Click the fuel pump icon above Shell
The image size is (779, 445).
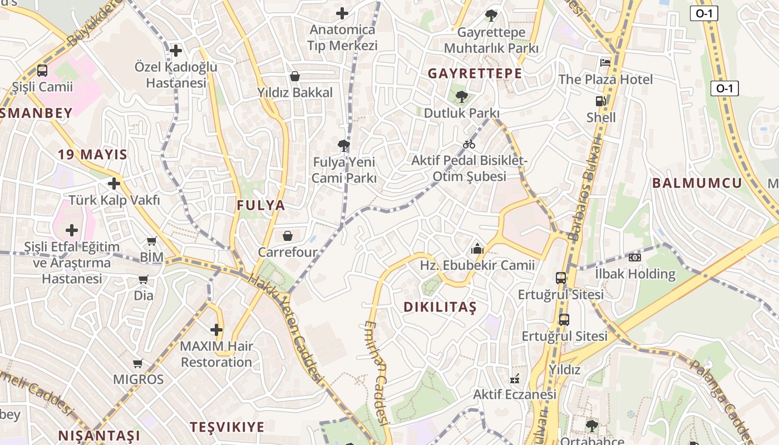pos(600,101)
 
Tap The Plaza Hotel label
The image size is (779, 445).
pos(605,80)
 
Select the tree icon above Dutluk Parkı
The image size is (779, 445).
pos(461,97)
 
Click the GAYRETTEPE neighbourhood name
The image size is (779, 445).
pos(475,73)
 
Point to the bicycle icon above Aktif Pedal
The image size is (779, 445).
pos(469,144)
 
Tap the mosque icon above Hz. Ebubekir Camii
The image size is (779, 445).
pos(477,249)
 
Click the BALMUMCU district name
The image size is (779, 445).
pos(697,183)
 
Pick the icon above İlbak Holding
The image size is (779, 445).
pos(634,257)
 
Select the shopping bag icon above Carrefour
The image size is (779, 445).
pos(288,236)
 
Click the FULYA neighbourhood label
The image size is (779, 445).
pos(261,205)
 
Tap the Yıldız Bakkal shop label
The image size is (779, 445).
pos(295,92)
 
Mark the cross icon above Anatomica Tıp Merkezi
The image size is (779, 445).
pos(342,13)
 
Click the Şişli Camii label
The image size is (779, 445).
pos(43,87)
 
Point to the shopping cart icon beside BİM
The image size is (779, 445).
pos(151,241)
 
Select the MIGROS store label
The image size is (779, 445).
pos(139,379)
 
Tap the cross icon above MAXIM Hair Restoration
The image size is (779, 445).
pos(216,330)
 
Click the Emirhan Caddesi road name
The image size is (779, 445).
pos(377,373)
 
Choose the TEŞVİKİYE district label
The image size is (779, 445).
pos(227,427)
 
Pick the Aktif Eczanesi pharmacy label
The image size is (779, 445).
pos(515,394)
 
